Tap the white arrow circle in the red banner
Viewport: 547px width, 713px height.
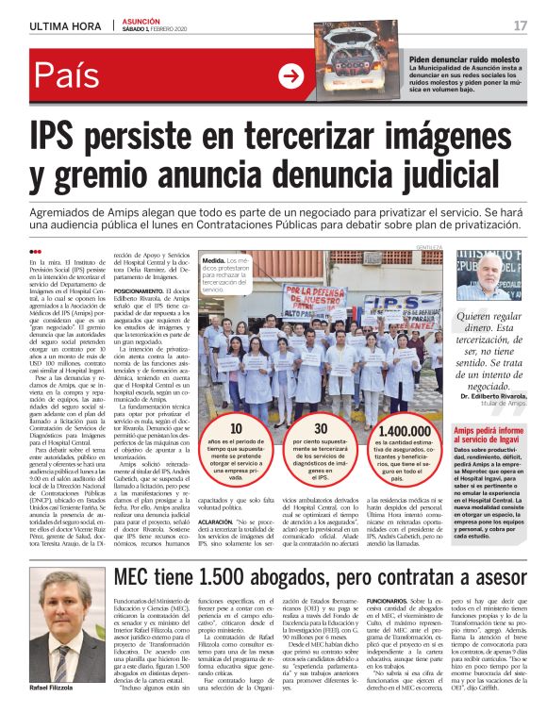291,76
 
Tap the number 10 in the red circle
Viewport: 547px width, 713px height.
236,429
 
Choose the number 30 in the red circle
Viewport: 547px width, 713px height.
320,429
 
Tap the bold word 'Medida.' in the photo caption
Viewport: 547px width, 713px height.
214,259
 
